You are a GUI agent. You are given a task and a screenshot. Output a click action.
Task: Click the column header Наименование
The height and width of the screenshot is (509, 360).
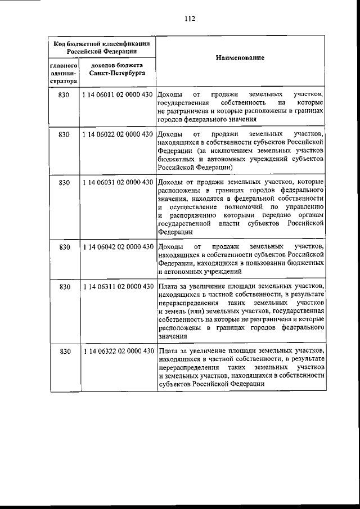coord(240,58)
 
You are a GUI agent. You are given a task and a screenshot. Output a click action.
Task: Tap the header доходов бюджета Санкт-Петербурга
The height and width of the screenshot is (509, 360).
coord(118,69)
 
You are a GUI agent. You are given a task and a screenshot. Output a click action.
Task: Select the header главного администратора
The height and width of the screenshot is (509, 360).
coord(63,73)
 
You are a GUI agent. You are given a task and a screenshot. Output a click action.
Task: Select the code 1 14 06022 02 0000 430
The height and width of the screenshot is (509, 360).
coord(117,135)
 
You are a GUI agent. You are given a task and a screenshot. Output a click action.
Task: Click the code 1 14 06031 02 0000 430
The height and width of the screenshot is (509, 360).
coord(117,183)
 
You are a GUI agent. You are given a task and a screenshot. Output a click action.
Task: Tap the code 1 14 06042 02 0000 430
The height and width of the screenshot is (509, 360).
coord(117,247)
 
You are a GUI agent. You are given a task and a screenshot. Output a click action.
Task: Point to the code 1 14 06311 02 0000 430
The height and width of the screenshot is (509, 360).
coord(117,287)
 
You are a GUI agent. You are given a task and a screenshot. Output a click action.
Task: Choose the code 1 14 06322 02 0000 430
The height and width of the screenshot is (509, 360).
coord(117,352)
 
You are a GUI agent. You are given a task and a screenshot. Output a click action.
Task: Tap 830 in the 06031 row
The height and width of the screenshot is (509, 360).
coord(64,183)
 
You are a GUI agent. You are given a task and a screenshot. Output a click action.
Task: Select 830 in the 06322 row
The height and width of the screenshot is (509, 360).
coord(64,352)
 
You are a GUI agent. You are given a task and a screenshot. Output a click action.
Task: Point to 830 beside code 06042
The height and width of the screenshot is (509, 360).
coord(64,247)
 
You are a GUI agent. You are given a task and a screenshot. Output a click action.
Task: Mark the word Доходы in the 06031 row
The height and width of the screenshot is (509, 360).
coord(169,183)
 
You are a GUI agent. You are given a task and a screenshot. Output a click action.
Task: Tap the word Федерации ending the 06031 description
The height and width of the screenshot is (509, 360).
coord(176,232)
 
